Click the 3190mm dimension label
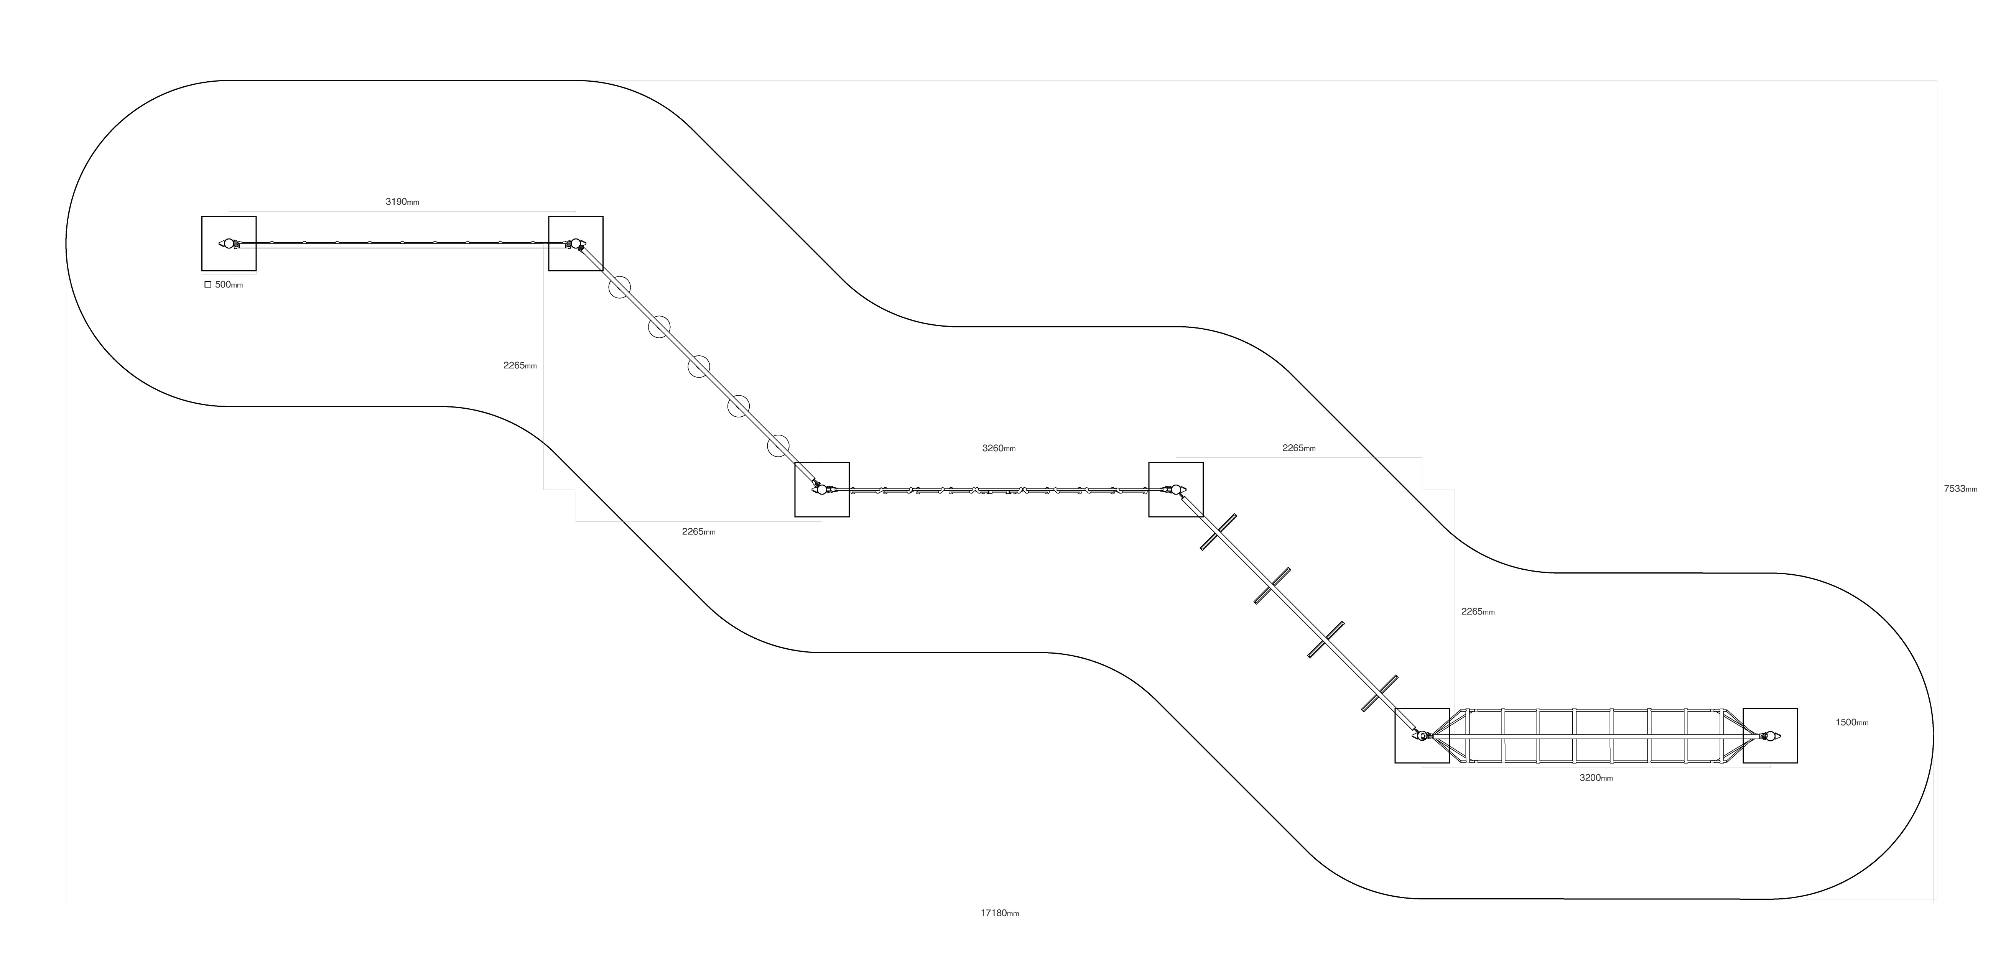[402, 202]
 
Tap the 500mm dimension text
[229, 285]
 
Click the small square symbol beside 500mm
[208, 285]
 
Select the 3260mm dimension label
[999, 449]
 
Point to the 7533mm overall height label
[1960, 490]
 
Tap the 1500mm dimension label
[1852, 723]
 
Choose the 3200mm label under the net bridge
[1596, 778]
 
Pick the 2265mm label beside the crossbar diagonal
[1478, 612]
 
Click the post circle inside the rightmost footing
[1771, 736]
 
